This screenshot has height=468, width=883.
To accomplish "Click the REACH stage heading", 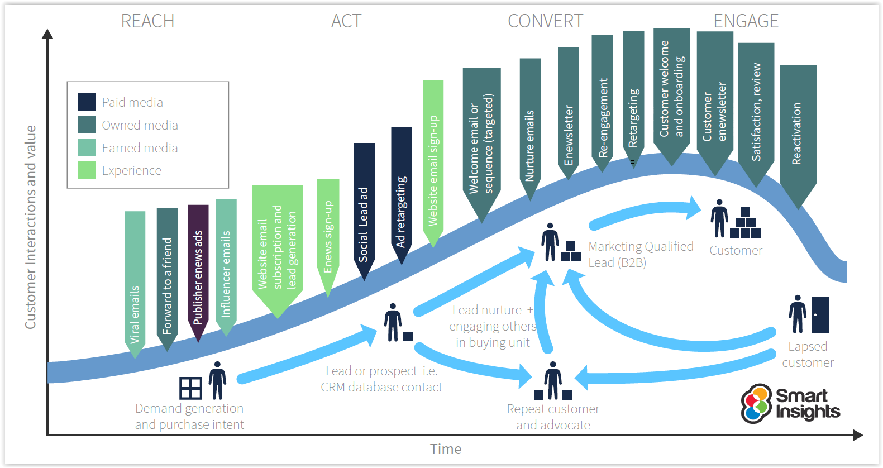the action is pos(147,21).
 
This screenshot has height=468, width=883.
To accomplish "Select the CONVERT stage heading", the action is pos(545,21).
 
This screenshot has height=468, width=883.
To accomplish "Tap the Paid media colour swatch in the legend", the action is pos(87,102).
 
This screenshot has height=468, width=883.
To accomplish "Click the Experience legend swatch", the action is pos(87,170).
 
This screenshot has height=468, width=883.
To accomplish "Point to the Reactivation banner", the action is pos(798,137).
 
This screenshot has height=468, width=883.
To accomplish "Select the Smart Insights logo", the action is pos(790,403).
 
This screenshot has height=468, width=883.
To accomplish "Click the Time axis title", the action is pos(446,449).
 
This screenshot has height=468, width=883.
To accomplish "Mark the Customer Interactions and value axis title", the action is pos(30,227).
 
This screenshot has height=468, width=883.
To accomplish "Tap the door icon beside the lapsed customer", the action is pos(820,315).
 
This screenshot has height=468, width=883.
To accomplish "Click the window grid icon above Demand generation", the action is pos(191,388).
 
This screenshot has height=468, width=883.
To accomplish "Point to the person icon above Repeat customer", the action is pos(553,380).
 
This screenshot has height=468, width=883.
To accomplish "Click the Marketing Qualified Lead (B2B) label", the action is pos(641,254).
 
